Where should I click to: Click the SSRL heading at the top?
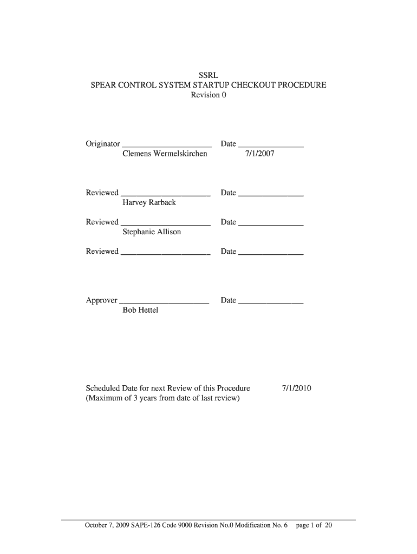click(208, 75)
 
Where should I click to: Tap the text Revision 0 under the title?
click(208, 96)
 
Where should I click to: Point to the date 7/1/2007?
click(260, 154)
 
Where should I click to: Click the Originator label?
click(103, 144)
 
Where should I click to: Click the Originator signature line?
click(167, 146)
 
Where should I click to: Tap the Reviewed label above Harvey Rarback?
click(102, 193)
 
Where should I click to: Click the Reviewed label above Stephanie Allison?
click(102, 222)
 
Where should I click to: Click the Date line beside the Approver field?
click(270, 303)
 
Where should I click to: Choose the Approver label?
click(102, 300)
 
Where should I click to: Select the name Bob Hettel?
click(140, 310)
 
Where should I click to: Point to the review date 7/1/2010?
click(296, 388)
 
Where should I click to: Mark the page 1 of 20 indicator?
click(314, 525)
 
